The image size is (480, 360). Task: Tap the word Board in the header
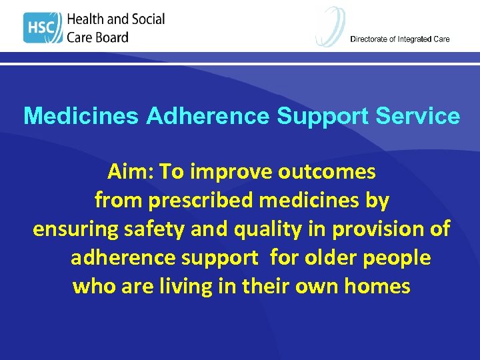[x=111, y=37]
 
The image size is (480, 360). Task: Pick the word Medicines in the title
[x=81, y=117]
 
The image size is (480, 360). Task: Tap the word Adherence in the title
[x=207, y=117]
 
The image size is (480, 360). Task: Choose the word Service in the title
[x=418, y=117]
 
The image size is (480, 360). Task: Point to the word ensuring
[x=74, y=229]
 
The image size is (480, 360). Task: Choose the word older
[x=335, y=257]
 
